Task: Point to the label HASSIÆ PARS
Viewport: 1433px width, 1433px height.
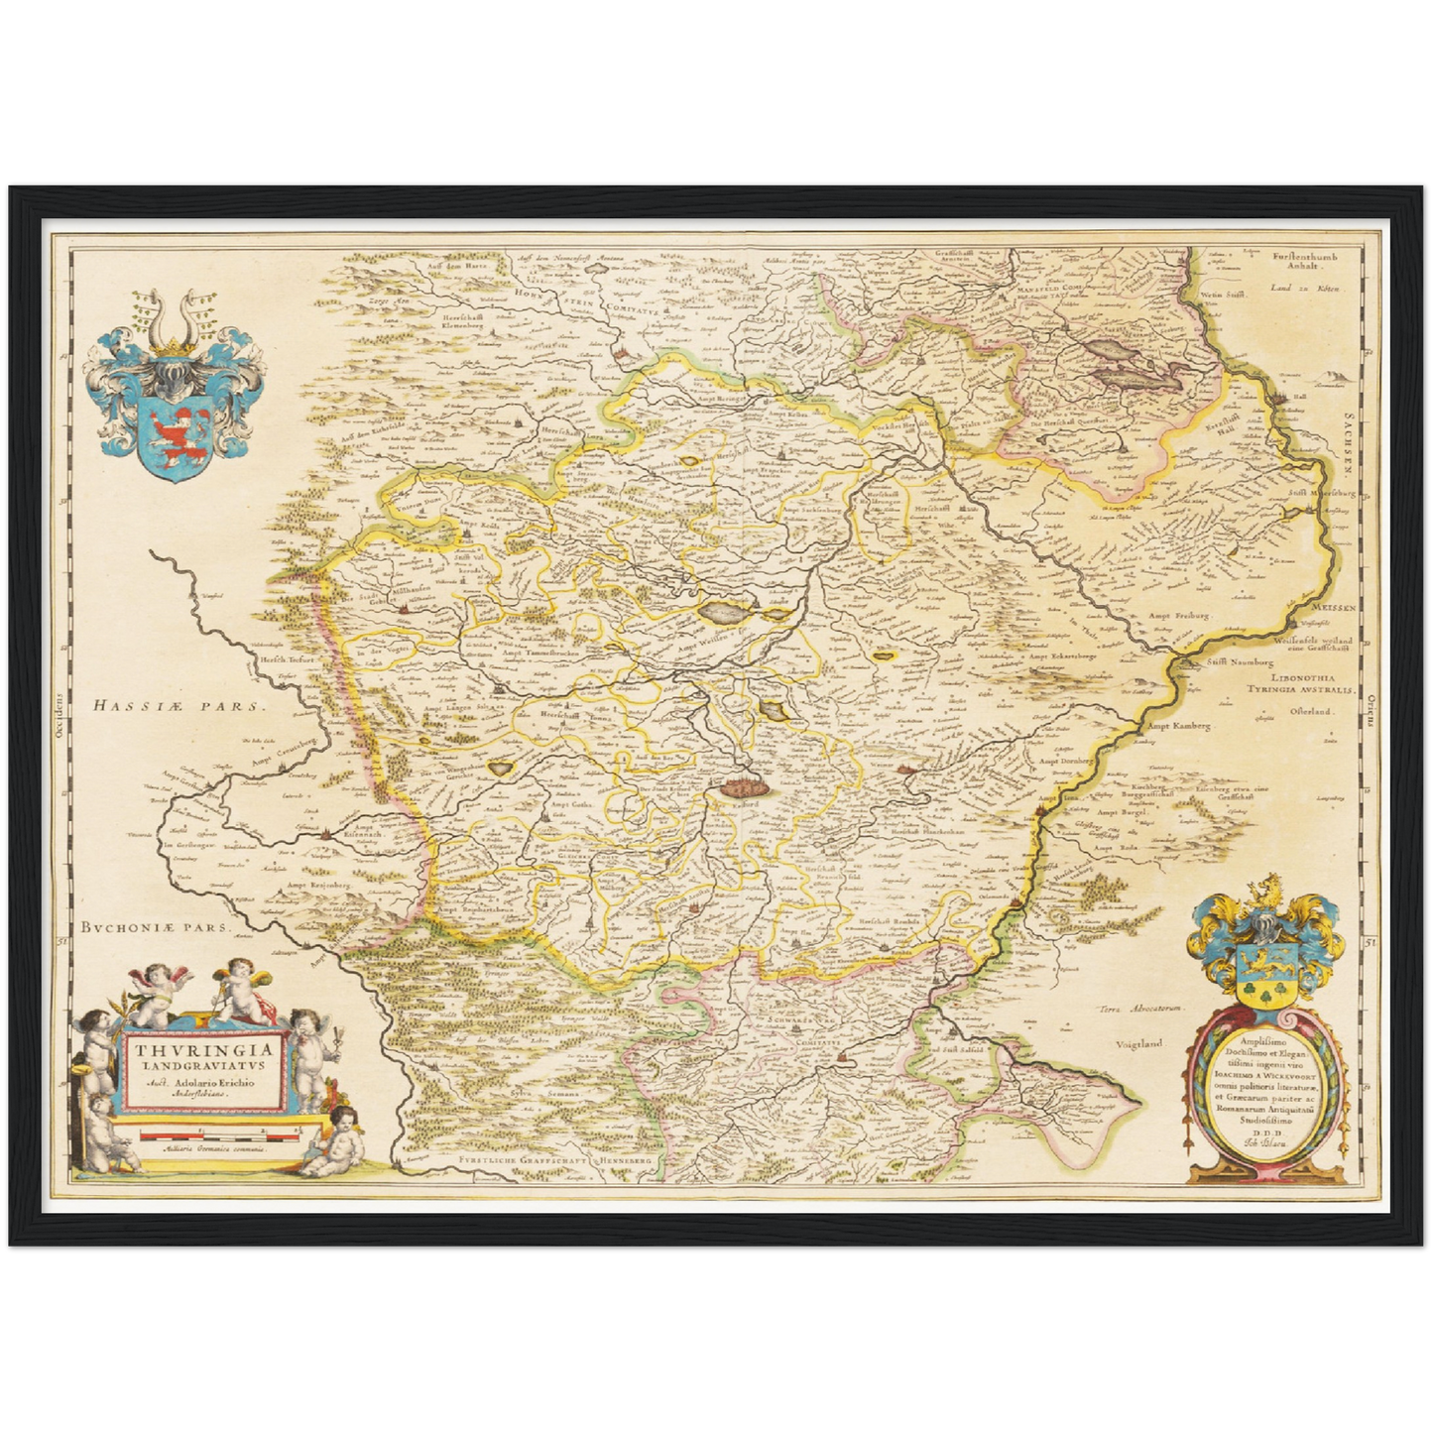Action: [176, 707]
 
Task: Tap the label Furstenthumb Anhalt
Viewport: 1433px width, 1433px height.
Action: [1304, 262]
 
